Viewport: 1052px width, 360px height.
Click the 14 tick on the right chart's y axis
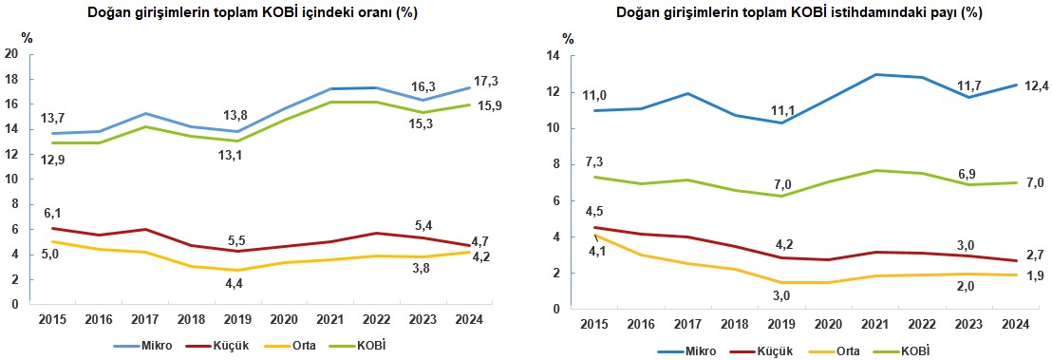[x=552, y=56]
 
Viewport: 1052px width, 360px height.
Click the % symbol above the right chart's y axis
[x=569, y=39]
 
